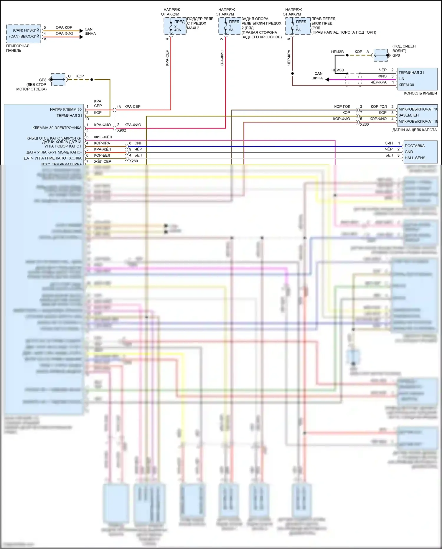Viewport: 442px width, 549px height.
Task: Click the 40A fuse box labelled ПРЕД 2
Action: point(175,26)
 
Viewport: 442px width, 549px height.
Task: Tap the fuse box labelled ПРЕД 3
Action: point(298,26)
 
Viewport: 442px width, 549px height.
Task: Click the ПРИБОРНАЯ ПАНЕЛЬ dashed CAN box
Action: point(24,34)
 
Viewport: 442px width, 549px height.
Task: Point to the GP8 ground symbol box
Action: point(58,79)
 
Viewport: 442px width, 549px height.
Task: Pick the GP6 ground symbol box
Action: point(381,55)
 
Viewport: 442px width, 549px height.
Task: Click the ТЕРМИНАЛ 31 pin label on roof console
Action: point(411,73)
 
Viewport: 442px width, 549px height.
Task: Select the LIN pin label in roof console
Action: point(401,79)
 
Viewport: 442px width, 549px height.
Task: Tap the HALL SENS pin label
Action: point(415,158)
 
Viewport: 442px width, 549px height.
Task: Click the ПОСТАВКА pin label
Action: point(415,146)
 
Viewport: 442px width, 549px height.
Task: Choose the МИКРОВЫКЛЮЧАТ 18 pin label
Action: point(418,109)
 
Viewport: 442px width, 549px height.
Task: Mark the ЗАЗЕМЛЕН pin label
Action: point(408,115)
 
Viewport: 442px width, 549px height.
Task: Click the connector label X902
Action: point(121,130)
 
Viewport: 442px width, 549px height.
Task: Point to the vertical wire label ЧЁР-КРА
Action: point(289,58)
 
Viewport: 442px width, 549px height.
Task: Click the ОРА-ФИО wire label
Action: point(64,34)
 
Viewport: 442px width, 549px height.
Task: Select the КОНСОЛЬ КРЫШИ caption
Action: point(420,93)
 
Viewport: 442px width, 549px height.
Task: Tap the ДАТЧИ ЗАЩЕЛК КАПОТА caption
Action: point(414,130)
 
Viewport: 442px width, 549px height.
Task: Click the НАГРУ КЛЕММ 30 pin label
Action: point(66,109)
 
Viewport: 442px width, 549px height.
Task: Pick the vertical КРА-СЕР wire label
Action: point(167,58)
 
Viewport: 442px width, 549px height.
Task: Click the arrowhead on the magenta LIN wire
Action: point(327,79)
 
